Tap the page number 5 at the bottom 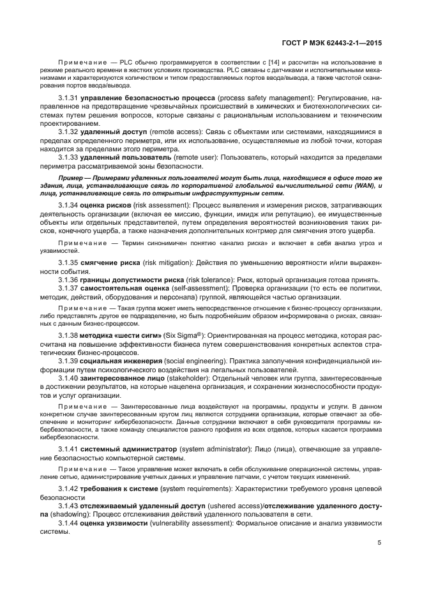coord(379,543)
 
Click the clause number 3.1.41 coord(68,449)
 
